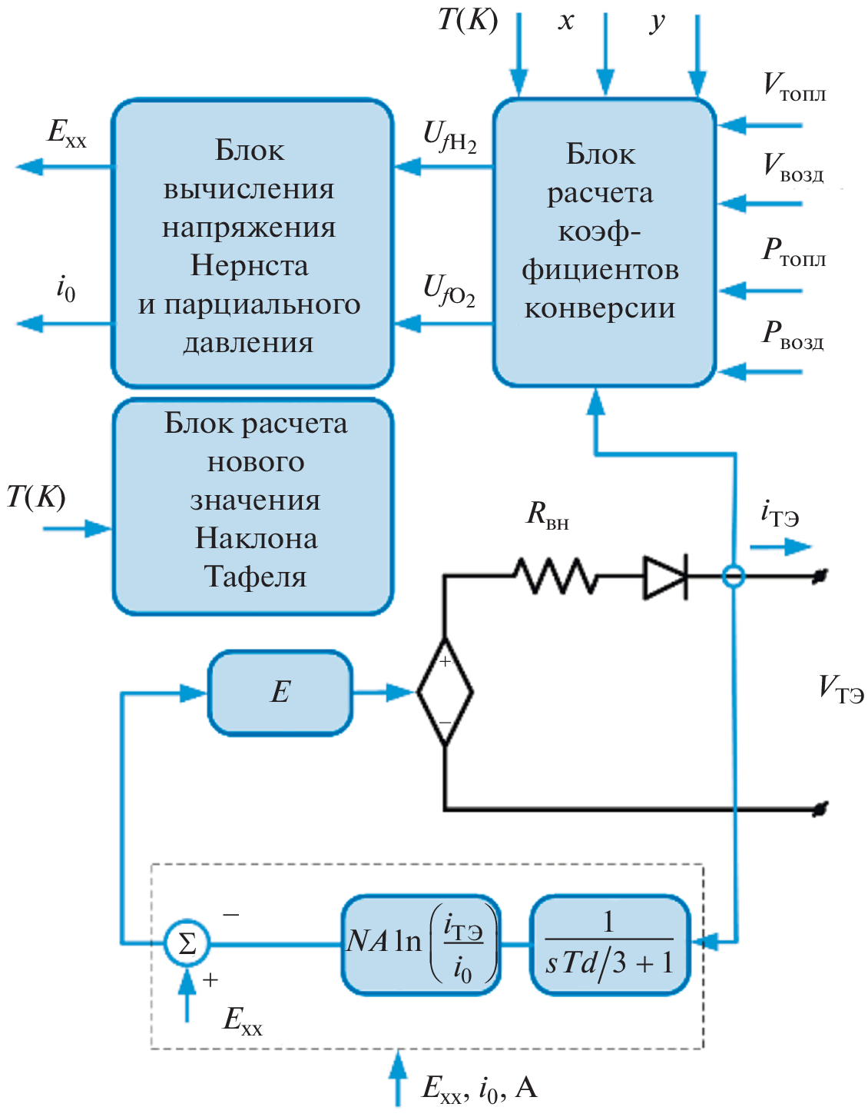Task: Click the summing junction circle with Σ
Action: pyautogui.click(x=187, y=942)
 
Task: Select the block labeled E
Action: pyautogui.click(x=280, y=693)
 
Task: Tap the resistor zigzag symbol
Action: pyautogui.click(x=555, y=576)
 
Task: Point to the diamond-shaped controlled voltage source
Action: pyautogui.click(x=445, y=692)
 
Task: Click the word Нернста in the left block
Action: pyautogui.click(x=250, y=266)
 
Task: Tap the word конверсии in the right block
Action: pyautogui.click(x=600, y=308)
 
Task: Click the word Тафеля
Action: pyautogui.click(x=255, y=577)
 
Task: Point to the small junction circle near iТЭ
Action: pyautogui.click(x=734, y=576)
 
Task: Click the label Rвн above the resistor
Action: pyautogui.click(x=547, y=514)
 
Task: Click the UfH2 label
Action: pyautogui.click(x=449, y=137)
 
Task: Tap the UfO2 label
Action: pyautogui.click(x=449, y=291)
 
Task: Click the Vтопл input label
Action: pyautogui.click(x=793, y=87)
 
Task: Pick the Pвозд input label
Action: pyautogui.click(x=792, y=335)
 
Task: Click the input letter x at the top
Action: pyautogui.click(x=566, y=21)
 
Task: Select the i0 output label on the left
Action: pyautogui.click(x=66, y=289)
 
